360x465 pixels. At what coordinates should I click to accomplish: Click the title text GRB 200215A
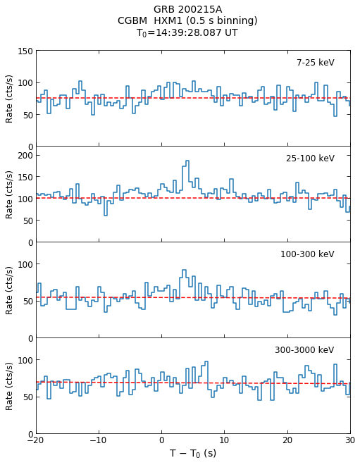[x=187, y=9]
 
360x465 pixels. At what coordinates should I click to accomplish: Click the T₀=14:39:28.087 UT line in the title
[x=187, y=32]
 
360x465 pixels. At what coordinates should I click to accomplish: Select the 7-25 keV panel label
[x=316, y=63]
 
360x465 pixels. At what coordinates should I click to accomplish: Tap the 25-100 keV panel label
[x=310, y=159]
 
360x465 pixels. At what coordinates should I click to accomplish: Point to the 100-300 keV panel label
[x=307, y=254]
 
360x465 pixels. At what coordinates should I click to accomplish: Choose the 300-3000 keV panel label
[x=304, y=350]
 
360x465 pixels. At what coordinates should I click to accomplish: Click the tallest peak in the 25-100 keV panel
[x=187, y=161]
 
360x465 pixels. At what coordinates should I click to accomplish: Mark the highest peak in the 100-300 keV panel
[x=184, y=270]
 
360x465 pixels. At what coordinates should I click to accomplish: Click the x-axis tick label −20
[x=36, y=440]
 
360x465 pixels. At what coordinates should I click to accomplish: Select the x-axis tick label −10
[x=99, y=440]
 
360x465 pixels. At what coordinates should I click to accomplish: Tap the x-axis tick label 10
[x=224, y=440]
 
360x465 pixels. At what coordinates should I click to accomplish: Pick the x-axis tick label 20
[x=287, y=440]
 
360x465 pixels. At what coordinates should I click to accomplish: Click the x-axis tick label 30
[x=350, y=440]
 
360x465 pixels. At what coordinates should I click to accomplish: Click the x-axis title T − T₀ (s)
[x=193, y=453]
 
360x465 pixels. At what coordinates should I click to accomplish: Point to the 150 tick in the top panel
[x=25, y=51]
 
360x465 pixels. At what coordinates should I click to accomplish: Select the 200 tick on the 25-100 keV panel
[x=25, y=156]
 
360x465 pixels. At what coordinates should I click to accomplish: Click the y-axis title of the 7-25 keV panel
[x=9, y=99]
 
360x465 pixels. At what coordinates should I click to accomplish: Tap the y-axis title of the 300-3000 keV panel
[x=9, y=386]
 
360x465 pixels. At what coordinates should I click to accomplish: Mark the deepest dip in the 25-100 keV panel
[x=105, y=215]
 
